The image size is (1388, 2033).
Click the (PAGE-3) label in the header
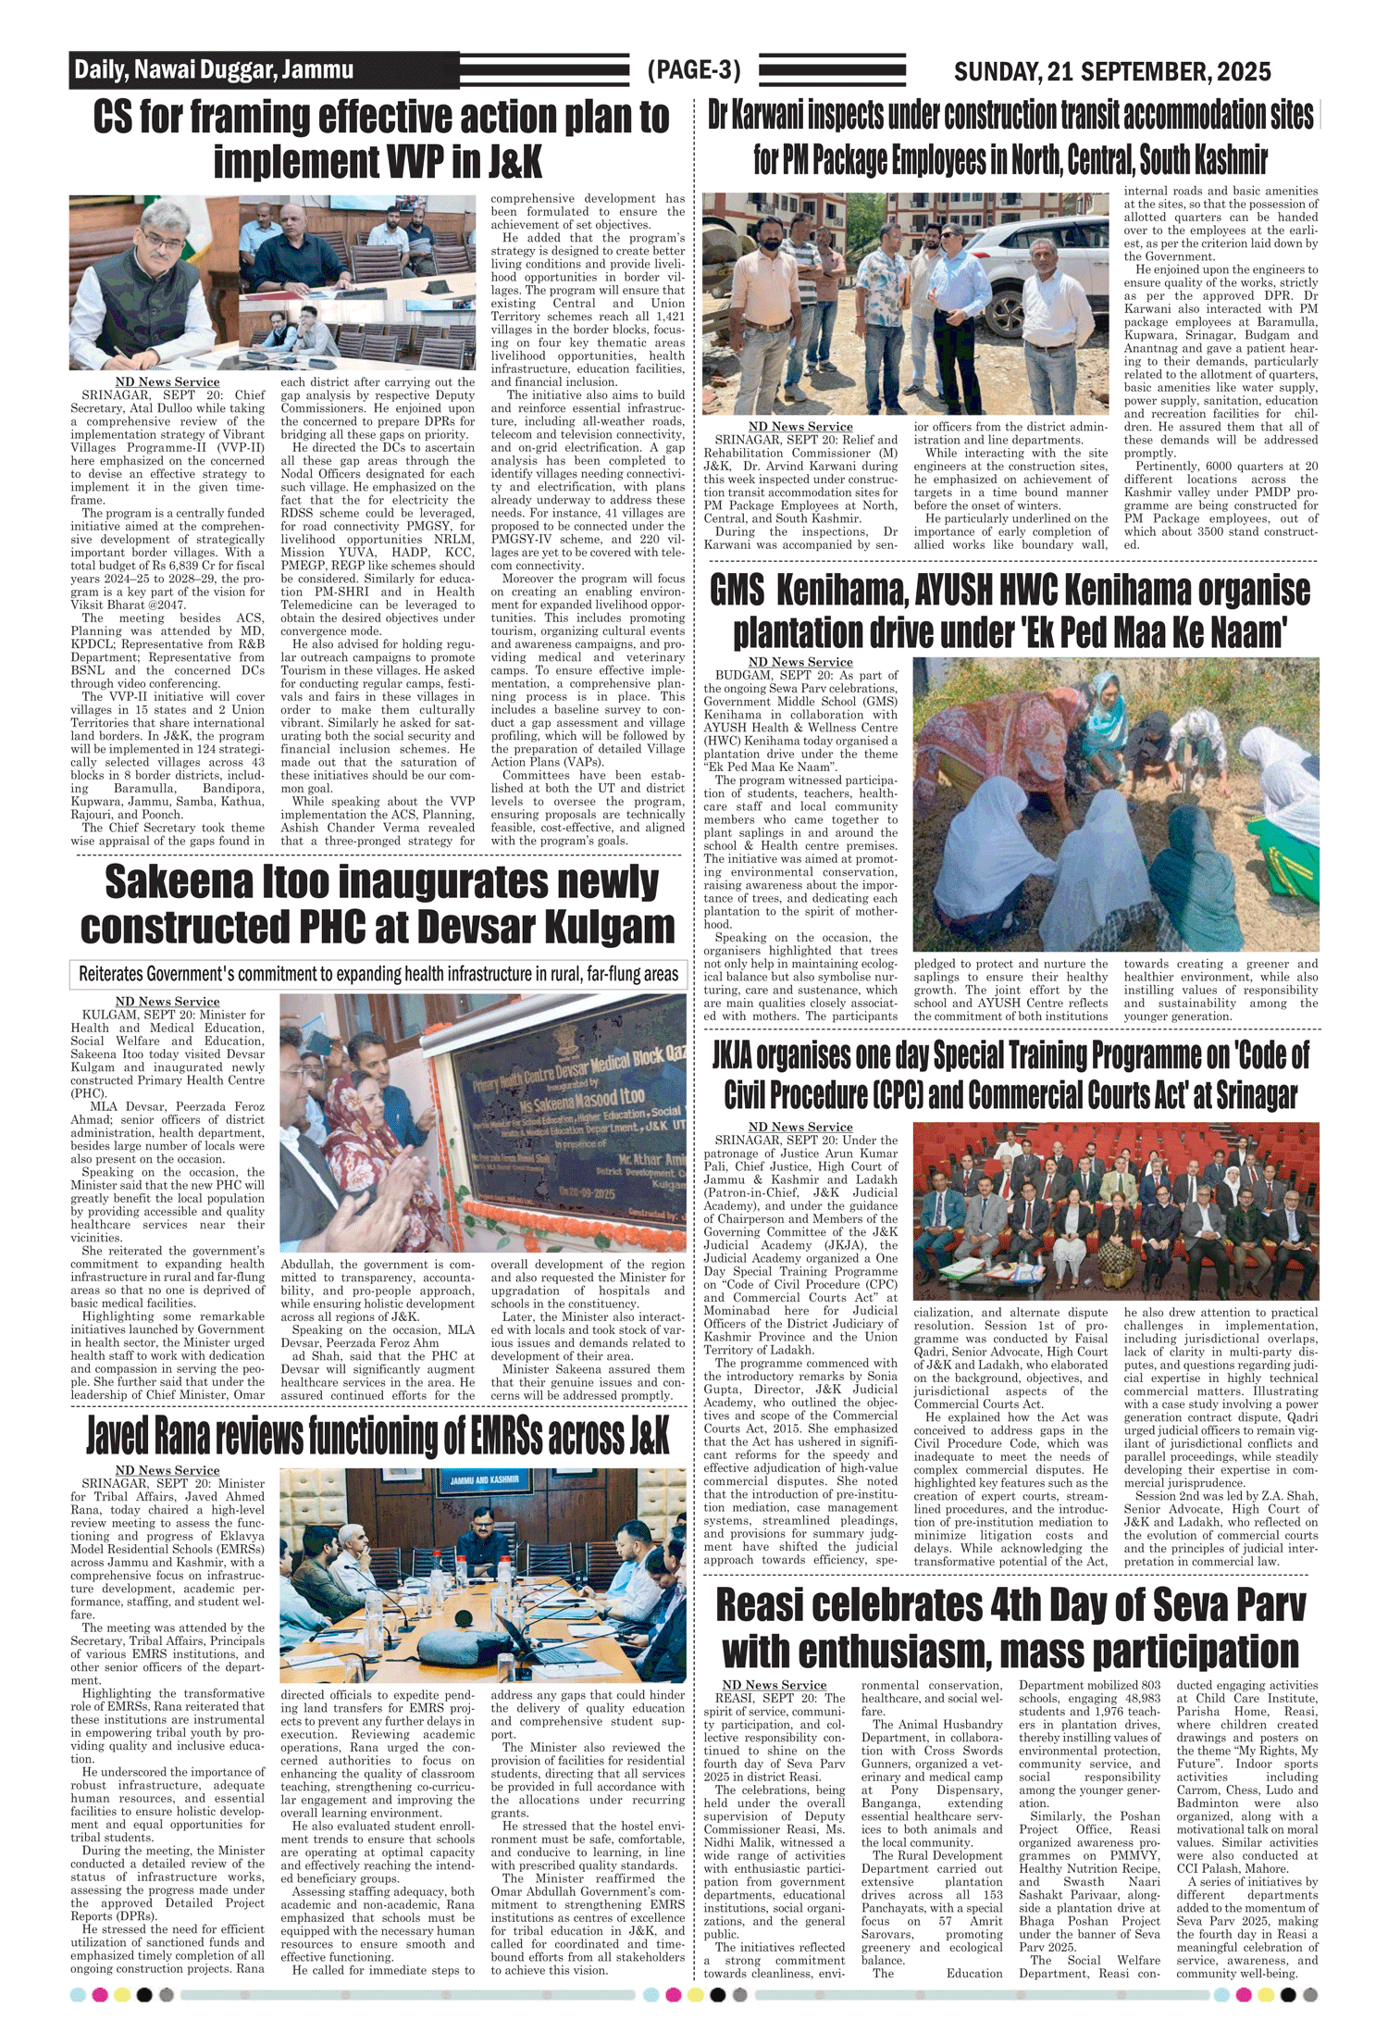click(694, 70)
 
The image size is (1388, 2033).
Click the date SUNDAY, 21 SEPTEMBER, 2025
click(1111, 71)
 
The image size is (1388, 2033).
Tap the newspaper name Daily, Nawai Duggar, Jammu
click(214, 69)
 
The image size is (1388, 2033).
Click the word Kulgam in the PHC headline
click(597, 927)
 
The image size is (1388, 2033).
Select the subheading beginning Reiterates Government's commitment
click(378, 974)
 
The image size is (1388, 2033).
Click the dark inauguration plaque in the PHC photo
click(574, 1124)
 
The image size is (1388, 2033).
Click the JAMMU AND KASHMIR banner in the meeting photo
click(484, 1479)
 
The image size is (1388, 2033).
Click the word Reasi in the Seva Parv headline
click(776, 1605)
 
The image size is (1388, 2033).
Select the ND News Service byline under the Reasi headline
click(774, 1685)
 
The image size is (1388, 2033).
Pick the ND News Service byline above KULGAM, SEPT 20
click(167, 1002)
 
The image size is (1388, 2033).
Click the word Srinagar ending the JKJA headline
click(1249, 1096)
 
